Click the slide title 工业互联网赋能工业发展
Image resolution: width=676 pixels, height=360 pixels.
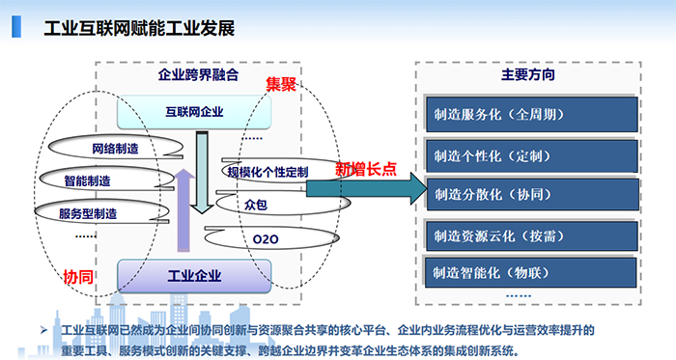pyautogui.click(x=139, y=27)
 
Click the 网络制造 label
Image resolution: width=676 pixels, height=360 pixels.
pyautogui.click(x=115, y=149)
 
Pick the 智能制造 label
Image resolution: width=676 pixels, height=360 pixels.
pyautogui.click(x=88, y=180)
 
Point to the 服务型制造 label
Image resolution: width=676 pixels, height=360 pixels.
pyautogui.click(x=88, y=212)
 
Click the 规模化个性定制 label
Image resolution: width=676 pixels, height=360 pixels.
pyautogui.click(x=268, y=172)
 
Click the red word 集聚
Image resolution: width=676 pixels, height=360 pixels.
pyautogui.click(x=281, y=85)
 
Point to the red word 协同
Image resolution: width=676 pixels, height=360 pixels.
pyautogui.click(x=78, y=277)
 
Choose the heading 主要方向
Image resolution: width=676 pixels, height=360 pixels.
pyautogui.click(x=527, y=74)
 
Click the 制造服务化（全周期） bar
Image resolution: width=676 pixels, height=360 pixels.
pyautogui.click(x=530, y=114)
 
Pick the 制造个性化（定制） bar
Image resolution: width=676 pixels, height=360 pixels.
pyautogui.click(x=530, y=155)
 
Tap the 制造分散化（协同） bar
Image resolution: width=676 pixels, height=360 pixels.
pyautogui.click(x=530, y=194)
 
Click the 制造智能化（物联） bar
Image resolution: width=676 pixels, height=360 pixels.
pyautogui.click(x=530, y=270)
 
